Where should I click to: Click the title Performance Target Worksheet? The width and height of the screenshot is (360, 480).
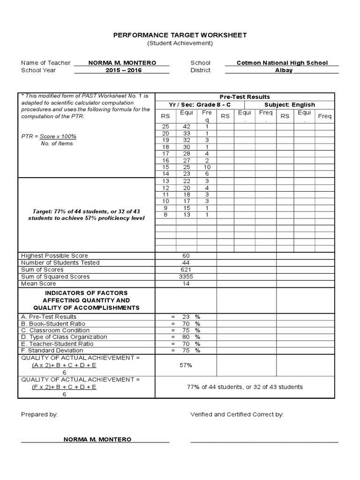click(x=180, y=35)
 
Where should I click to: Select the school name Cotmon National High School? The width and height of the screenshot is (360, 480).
click(x=282, y=63)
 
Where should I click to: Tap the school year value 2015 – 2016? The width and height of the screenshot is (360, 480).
click(x=122, y=70)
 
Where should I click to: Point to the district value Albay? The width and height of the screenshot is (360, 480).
click(x=284, y=70)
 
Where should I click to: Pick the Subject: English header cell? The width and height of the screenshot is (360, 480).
click(x=290, y=105)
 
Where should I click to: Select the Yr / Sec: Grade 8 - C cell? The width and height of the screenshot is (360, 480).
click(x=200, y=105)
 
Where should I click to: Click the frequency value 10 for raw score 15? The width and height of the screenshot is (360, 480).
click(x=207, y=167)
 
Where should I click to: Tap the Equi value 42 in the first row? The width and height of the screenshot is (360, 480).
click(x=187, y=127)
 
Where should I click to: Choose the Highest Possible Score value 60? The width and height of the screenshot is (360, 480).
click(x=186, y=256)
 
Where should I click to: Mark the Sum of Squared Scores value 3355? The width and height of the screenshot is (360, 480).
click(x=186, y=277)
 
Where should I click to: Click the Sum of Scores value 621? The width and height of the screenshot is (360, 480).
click(x=186, y=270)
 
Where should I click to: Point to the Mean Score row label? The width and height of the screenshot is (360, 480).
click(x=38, y=284)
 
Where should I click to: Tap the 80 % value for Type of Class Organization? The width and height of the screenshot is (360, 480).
click(x=186, y=337)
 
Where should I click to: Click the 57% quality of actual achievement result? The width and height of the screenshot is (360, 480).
click(x=186, y=365)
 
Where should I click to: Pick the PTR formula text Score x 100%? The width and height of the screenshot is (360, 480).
click(x=58, y=136)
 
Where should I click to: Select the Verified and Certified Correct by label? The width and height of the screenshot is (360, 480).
click(x=237, y=414)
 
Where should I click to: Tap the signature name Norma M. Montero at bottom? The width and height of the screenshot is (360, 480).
click(x=97, y=439)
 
